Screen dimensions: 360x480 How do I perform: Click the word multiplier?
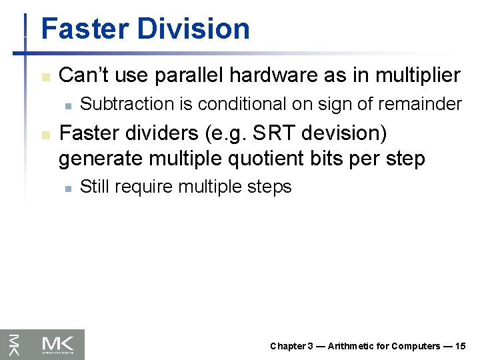point(417,75)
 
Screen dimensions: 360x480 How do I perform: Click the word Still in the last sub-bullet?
point(94,187)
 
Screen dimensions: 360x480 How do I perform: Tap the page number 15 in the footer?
point(461,346)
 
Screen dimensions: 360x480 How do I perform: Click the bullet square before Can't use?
point(45,77)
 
